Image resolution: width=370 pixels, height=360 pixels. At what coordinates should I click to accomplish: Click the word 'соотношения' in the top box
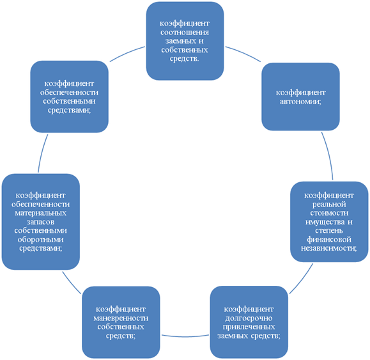[185, 32]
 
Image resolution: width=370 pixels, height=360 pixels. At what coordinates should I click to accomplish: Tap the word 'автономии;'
[300, 102]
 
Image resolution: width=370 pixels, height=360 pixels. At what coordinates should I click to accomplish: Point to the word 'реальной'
[329, 204]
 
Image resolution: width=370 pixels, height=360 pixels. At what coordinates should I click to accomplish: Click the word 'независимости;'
[328, 248]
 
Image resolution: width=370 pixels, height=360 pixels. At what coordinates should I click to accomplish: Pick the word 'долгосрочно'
[249, 318]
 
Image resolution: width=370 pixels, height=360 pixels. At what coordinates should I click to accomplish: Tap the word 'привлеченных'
[249, 327]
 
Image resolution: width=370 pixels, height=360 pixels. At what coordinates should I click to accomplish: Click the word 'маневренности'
[121, 318]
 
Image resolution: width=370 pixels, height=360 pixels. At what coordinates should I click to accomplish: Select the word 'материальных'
[41, 213]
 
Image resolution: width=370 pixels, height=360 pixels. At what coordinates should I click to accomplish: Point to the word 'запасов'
[40, 222]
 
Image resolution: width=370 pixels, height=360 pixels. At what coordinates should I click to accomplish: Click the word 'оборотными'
[41, 239]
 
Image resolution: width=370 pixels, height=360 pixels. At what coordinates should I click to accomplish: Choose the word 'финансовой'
[329, 239]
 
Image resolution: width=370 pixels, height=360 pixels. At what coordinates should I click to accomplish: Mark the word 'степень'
[329, 231]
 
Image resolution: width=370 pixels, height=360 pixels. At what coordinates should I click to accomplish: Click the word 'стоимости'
[329, 213]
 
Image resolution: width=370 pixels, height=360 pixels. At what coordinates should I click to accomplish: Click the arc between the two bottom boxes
[185, 336]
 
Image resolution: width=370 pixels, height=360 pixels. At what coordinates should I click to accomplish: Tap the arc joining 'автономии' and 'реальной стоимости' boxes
[329, 155]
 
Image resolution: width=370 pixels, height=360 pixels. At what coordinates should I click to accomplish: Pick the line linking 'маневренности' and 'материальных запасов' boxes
[72, 283]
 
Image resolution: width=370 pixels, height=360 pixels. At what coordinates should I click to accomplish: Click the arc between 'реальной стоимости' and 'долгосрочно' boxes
[302, 279]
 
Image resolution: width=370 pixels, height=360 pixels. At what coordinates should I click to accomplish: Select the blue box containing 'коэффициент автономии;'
[300, 97]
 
